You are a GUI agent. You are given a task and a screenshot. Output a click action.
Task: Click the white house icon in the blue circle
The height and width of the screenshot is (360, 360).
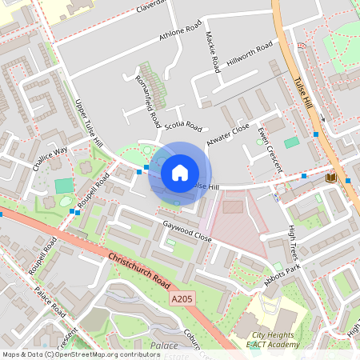click(x=180, y=173)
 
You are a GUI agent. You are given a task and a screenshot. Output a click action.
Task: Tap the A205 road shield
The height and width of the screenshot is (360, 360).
click(x=182, y=298)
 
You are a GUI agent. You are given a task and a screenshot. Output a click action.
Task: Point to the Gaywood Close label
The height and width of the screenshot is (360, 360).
click(x=186, y=233)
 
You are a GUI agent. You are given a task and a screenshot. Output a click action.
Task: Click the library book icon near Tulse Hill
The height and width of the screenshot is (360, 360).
click(x=331, y=177)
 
